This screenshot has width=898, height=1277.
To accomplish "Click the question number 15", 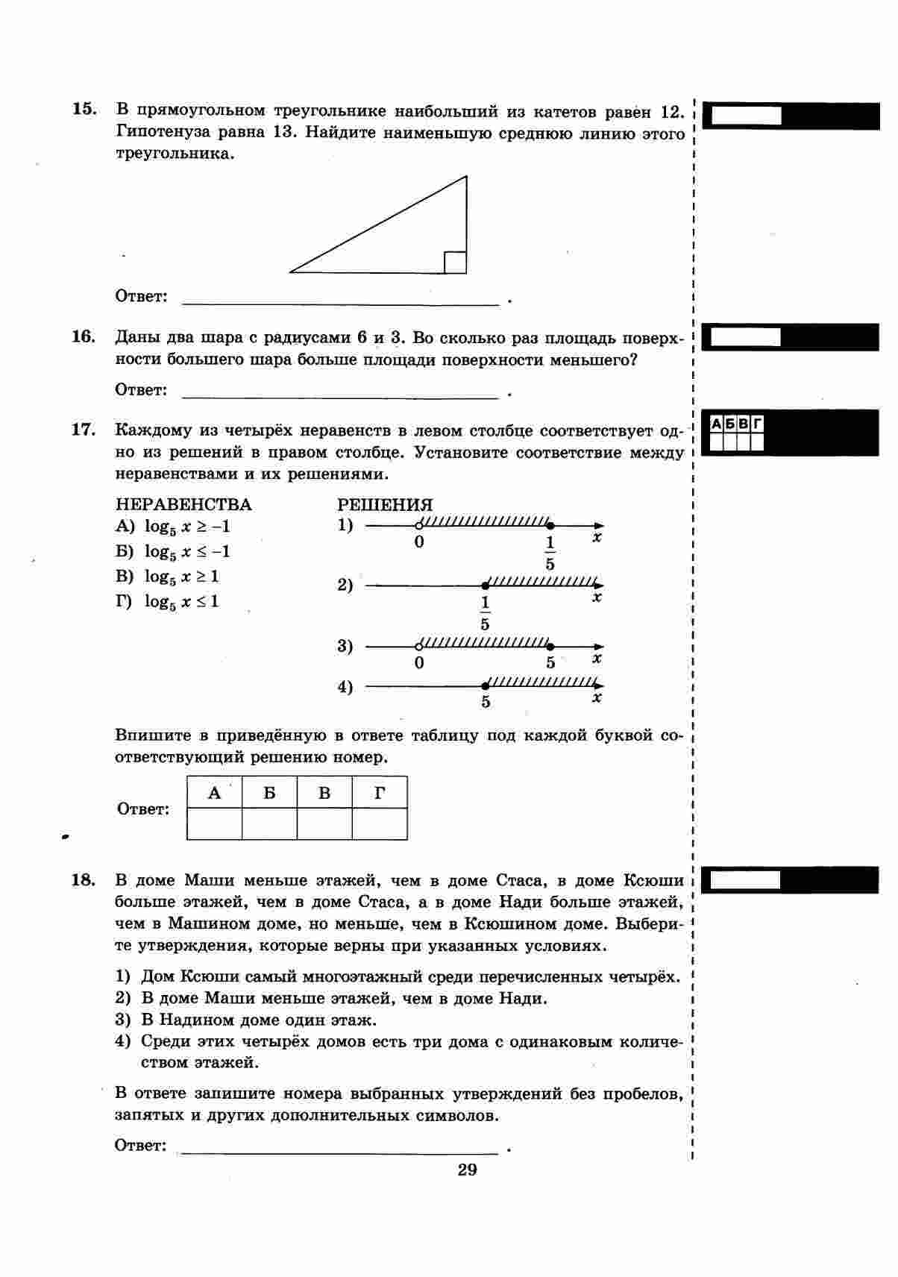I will click(x=84, y=109).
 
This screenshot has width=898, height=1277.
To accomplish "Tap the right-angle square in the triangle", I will click(x=455, y=263).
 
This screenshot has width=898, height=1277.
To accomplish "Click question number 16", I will click(x=84, y=336).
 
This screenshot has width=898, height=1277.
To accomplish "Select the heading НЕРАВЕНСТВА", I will click(x=183, y=505).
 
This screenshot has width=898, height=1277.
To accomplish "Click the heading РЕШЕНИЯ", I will click(x=385, y=505).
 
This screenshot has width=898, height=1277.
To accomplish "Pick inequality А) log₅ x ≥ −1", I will click(x=173, y=527).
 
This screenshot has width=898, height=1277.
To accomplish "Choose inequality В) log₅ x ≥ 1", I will click(x=168, y=577).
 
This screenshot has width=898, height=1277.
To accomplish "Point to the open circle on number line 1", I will click(x=419, y=525).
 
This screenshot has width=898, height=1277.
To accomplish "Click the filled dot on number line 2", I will click(x=485, y=586).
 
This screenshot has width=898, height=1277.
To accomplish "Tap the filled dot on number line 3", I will click(x=550, y=647).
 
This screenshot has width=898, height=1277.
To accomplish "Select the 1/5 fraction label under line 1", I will click(x=550, y=553).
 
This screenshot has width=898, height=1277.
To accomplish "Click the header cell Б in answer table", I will click(x=269, y=793).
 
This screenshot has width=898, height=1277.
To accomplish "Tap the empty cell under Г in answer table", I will click(x=380, y=824).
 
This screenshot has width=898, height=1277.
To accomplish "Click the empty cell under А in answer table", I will click(x=214, y=824).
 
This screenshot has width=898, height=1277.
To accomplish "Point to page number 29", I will click(x=468, y=1169).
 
